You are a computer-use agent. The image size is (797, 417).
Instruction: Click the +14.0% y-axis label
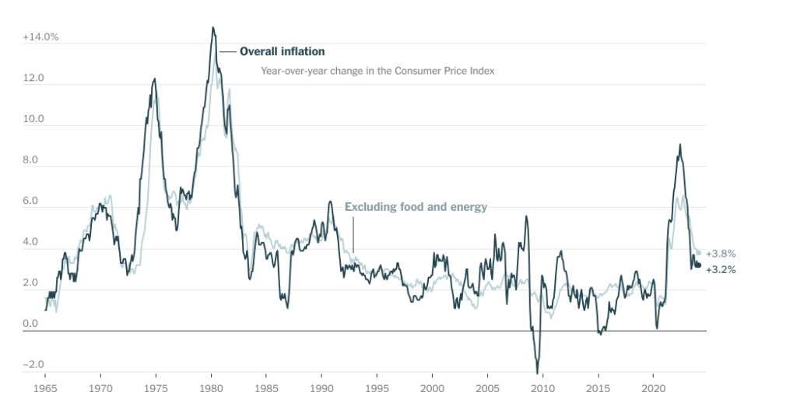click(40, 37)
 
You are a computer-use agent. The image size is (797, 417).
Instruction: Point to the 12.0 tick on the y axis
click(33, 79)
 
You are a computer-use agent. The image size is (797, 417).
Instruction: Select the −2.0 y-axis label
click(33, 365)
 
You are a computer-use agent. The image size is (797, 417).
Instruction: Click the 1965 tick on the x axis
click(45, 387)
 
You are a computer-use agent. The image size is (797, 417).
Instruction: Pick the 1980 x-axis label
click(212, 387)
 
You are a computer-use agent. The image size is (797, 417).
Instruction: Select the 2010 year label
click(542, 387)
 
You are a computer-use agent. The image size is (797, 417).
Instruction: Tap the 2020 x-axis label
click(654, 387)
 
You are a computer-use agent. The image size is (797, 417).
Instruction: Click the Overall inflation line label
click(282, 51)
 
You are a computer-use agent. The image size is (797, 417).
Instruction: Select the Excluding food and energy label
click(416, 207)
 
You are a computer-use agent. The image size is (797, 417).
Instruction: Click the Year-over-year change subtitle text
click(377, 71)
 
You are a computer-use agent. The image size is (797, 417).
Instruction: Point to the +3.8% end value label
click(721, 254)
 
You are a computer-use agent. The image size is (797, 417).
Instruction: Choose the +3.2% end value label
click(721, 270)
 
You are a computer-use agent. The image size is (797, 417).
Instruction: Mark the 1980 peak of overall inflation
click(212, 28)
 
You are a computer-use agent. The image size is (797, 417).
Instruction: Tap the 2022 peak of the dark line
click(680, 145)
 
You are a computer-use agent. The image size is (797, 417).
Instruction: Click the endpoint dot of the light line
click(698, 253)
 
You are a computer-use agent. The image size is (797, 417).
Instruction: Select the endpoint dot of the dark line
click(698, 265)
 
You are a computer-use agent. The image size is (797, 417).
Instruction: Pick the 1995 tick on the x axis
click(377, 387)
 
